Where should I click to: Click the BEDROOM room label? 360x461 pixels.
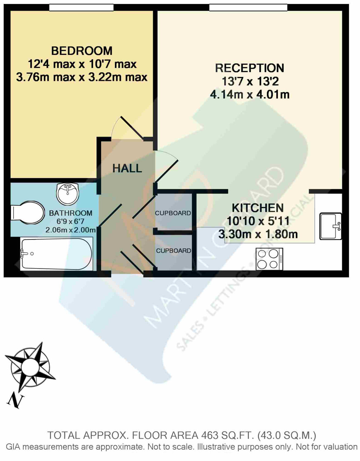point(81,51)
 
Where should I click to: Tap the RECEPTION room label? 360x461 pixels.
point(249,68)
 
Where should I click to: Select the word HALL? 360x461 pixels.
point(127,168)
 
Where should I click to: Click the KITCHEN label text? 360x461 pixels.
point(258,208)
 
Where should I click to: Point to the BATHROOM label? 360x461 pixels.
point(70,213)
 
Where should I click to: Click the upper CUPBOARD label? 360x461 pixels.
point(173,213)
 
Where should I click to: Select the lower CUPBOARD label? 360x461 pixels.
point(173,251)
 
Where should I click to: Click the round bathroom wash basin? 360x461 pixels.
point(68,194)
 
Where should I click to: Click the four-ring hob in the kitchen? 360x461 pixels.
point(269,259)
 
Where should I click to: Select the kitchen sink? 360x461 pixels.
point(331,226)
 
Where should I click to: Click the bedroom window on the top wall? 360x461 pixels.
point(81,7)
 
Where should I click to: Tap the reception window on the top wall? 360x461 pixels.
point(248,7)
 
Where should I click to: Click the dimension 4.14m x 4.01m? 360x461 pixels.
point(250,94)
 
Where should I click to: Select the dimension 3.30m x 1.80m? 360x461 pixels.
point(258,234)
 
